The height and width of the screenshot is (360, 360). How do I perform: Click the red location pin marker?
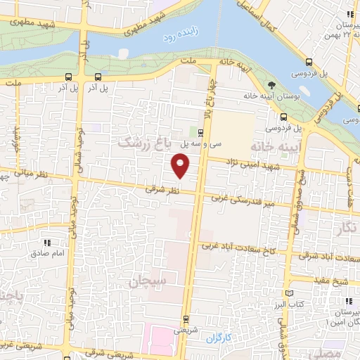[x=181, y=166]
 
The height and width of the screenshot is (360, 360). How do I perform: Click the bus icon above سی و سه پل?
[x=201, y=132]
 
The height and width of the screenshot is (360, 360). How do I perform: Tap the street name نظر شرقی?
[x=162, y=189]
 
